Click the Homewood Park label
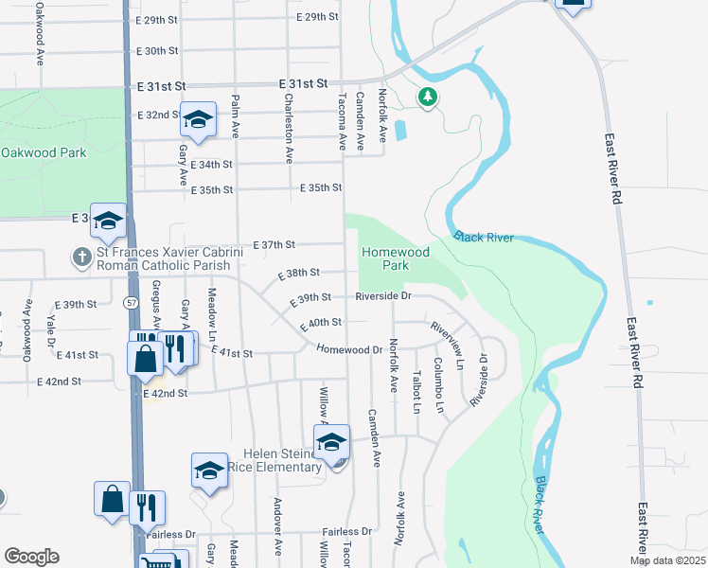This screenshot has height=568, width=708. (395, 259)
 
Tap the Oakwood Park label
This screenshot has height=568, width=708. (44, 152)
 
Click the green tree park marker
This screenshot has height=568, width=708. (428, 96)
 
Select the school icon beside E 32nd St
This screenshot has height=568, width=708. (199, 120)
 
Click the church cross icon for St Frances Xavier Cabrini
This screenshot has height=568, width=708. (82, 256)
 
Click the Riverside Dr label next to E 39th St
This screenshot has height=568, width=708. (384, 296)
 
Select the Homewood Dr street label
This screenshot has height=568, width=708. (348, 349)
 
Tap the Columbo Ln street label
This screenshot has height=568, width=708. (439, 385)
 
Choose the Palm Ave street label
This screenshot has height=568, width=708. (236, 115)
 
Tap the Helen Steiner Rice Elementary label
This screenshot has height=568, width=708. (283, 461)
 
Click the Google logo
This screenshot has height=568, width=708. (31, 557)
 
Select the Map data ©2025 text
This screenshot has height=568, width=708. (666, 560)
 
